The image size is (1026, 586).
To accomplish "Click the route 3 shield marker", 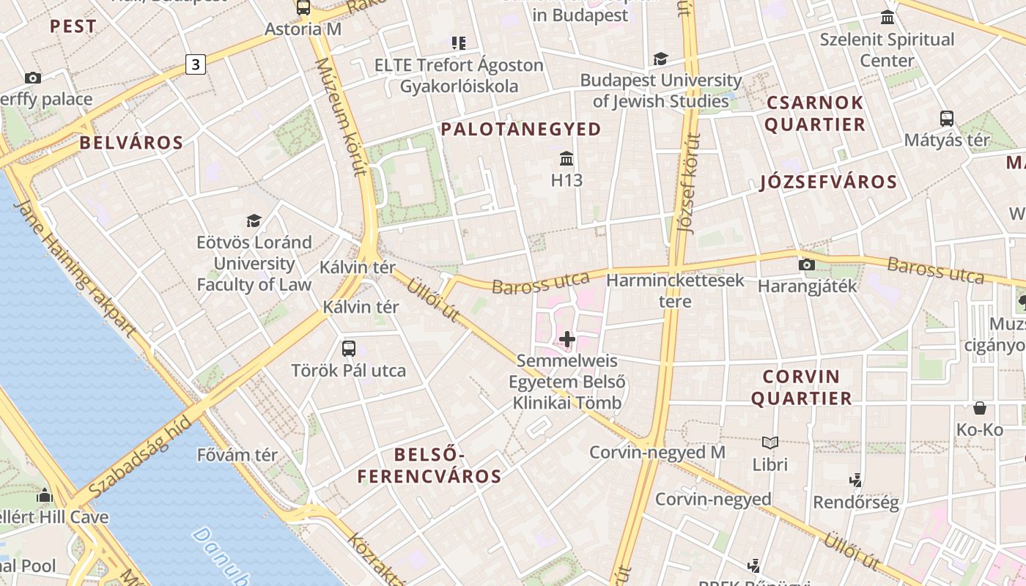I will tap(195, 64).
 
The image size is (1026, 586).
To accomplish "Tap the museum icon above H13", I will tap(566, 158).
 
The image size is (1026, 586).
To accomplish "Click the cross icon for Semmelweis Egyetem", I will tap(567, 339).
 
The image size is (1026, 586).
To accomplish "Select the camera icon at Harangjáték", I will tap(807, 264).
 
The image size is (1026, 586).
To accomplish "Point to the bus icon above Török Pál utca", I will tap(349, 349).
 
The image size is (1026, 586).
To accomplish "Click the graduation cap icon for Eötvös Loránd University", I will tap(254, 220).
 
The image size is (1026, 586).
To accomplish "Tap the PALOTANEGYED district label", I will tap(521, 130).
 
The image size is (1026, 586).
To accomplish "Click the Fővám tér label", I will tap(237, 455).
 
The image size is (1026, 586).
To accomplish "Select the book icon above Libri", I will tap(769, 442).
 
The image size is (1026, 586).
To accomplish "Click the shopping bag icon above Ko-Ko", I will tap(980, 408).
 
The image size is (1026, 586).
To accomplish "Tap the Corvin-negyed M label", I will tap(657, 453).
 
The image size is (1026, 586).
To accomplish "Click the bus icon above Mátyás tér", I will tap(947, 118).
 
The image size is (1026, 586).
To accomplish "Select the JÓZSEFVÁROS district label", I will tap(828, 182).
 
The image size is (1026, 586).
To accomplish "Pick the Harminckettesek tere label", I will tap(675, 290).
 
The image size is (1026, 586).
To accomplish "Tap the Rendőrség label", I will tap(855, 502).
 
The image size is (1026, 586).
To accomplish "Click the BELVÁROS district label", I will tap(131, 143).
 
